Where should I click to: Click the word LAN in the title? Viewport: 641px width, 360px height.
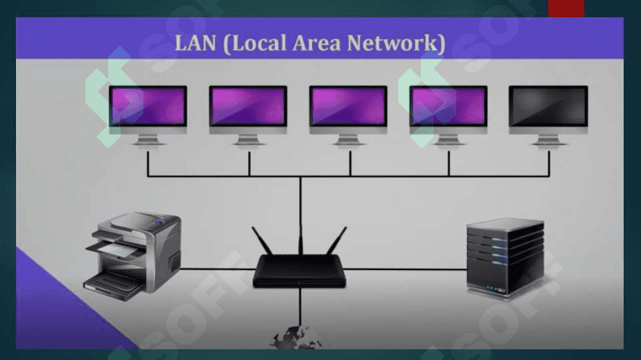coord(195,43)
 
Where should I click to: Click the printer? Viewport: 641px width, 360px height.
coord(133,257)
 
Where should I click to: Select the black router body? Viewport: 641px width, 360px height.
coord(299,271)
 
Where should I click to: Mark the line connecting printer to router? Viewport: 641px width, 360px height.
coord(217,269)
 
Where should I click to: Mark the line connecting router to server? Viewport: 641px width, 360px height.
coord(406,269)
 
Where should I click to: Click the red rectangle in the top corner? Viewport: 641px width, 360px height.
coord(566,8)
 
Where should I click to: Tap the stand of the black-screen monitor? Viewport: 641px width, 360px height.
coord(548,140)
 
